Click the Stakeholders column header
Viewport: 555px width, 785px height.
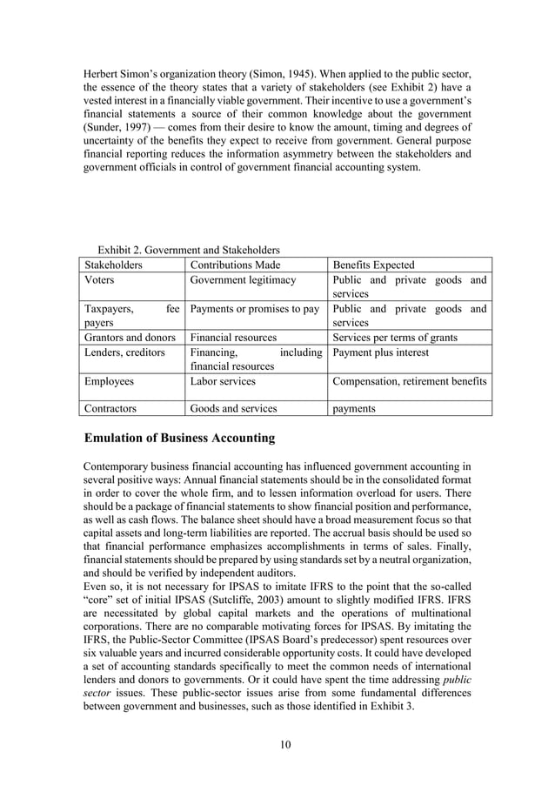pos(114,265)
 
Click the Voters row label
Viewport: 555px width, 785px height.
pos(99,280)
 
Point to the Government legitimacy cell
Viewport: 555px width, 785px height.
pos(243,280)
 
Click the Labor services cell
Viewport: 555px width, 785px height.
pos(221,381)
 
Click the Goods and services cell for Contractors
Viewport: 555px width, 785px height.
pos(233,407)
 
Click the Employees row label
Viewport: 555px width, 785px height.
pos(109,381)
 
